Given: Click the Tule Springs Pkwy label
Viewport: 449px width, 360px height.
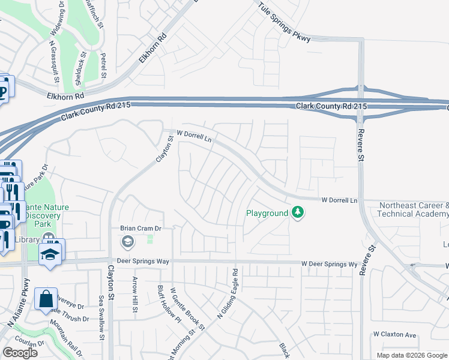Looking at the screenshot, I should click(285, 23).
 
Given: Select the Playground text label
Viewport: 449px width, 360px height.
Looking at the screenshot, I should click(268, 213).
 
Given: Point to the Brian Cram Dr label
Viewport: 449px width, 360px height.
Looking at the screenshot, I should click(141, 229).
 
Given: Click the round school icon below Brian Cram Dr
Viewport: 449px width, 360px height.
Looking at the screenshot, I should click(127, 242).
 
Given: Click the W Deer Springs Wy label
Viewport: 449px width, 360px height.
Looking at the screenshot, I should click(329, 263).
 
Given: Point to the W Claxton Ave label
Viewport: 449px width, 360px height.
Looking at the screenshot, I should click(394, 334).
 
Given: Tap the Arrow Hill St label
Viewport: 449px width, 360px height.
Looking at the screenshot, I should click(133, 295).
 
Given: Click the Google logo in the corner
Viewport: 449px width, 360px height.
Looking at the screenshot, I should click(20, 352).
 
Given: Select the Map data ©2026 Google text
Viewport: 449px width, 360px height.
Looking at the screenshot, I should click(411, 355).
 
